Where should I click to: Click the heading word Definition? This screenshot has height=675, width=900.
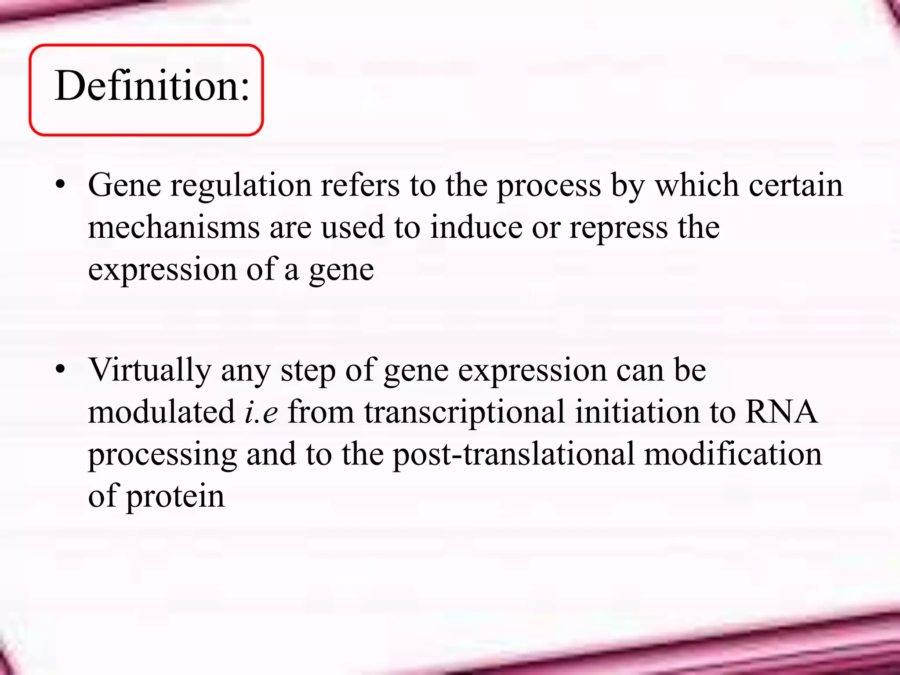[x=152, y=86]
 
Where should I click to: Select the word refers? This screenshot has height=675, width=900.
[x=360, y=185]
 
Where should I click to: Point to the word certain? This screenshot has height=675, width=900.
[x=796, y=185]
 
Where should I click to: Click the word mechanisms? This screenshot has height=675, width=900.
[x=174, y=228]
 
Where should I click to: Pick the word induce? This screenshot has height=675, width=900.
[x=476, y=228]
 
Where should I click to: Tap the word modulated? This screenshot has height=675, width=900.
[x=162, y=412]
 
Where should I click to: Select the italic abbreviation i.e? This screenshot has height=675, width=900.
[x=261, y=412]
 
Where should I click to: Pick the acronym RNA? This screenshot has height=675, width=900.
[x=781, y=412]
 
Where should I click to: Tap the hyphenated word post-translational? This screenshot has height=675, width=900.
[x=514, y=454]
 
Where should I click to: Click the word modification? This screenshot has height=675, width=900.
[x=733, y=454]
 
